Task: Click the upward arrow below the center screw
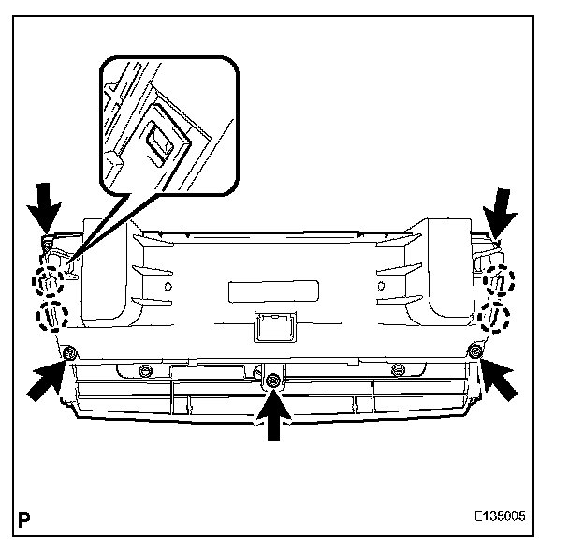point(273,413)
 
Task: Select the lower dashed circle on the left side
point(51,315)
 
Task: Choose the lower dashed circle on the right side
point(493,316)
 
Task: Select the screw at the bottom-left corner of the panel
point(69,351)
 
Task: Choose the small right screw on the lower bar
point(398,367)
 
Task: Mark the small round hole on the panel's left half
point(169,284)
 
